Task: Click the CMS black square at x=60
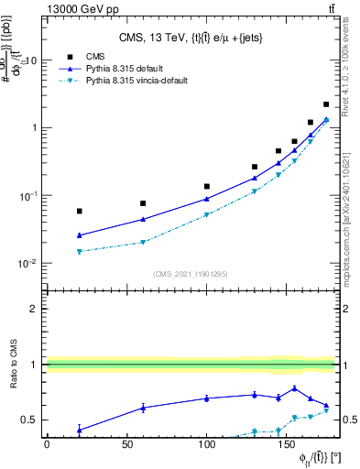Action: tap(143, 203)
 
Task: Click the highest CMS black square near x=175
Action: tap(327, 104)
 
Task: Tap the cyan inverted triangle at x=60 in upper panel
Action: tap(143, 243)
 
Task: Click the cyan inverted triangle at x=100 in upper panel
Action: tap(207, 215)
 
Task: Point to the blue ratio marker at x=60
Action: tap(143, 408)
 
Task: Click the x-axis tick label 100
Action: tap(207, 445)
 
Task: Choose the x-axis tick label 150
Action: tap(287, 445)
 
